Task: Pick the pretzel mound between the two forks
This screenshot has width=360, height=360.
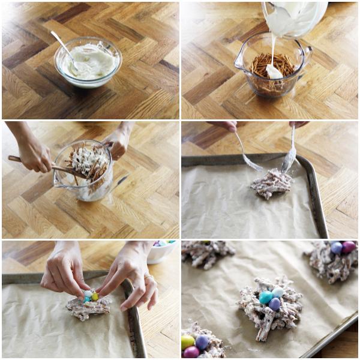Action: pyautogui.click(x=271, y=184)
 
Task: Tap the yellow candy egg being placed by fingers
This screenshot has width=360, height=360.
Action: pyautogui.click(x=95, y=296)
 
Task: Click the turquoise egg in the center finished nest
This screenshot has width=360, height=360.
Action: pyautogui.click(x=265, y=297)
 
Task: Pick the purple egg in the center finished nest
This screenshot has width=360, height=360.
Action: pyautogui.click(x=274, y=304)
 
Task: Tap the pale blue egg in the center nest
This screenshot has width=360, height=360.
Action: pyautogui.click(x=278, y=292)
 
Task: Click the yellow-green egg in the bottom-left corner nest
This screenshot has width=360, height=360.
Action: pyautogui.click(x=188, y=342)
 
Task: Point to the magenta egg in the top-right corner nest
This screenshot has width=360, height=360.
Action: pyautogui.click(x=349, y=247)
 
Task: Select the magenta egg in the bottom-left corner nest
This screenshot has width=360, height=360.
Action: pyautogui.click(x=191, y=353)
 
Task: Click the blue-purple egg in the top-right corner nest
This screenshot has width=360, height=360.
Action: pyautogui.click(x=337, y=248)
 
